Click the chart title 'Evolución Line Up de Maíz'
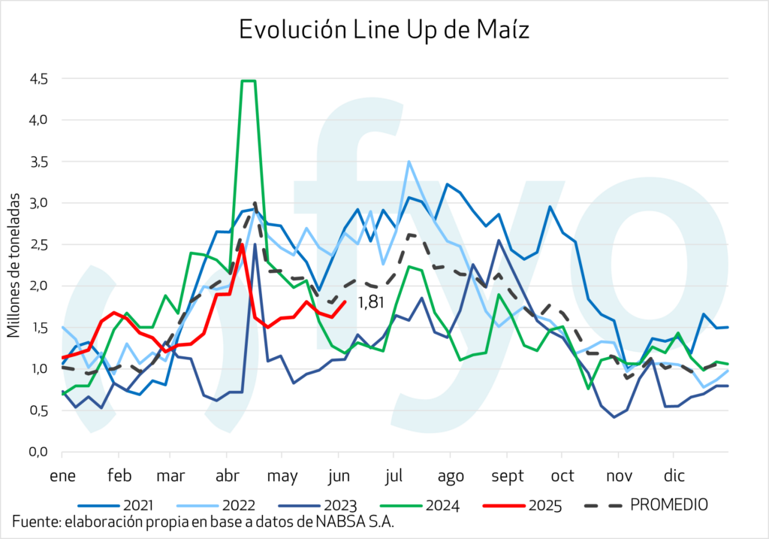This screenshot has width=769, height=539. [384, 30]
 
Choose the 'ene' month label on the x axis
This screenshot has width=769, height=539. [62, 476]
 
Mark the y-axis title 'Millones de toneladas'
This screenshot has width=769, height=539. [13, 265]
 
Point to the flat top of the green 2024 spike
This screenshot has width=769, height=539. [249, 80]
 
